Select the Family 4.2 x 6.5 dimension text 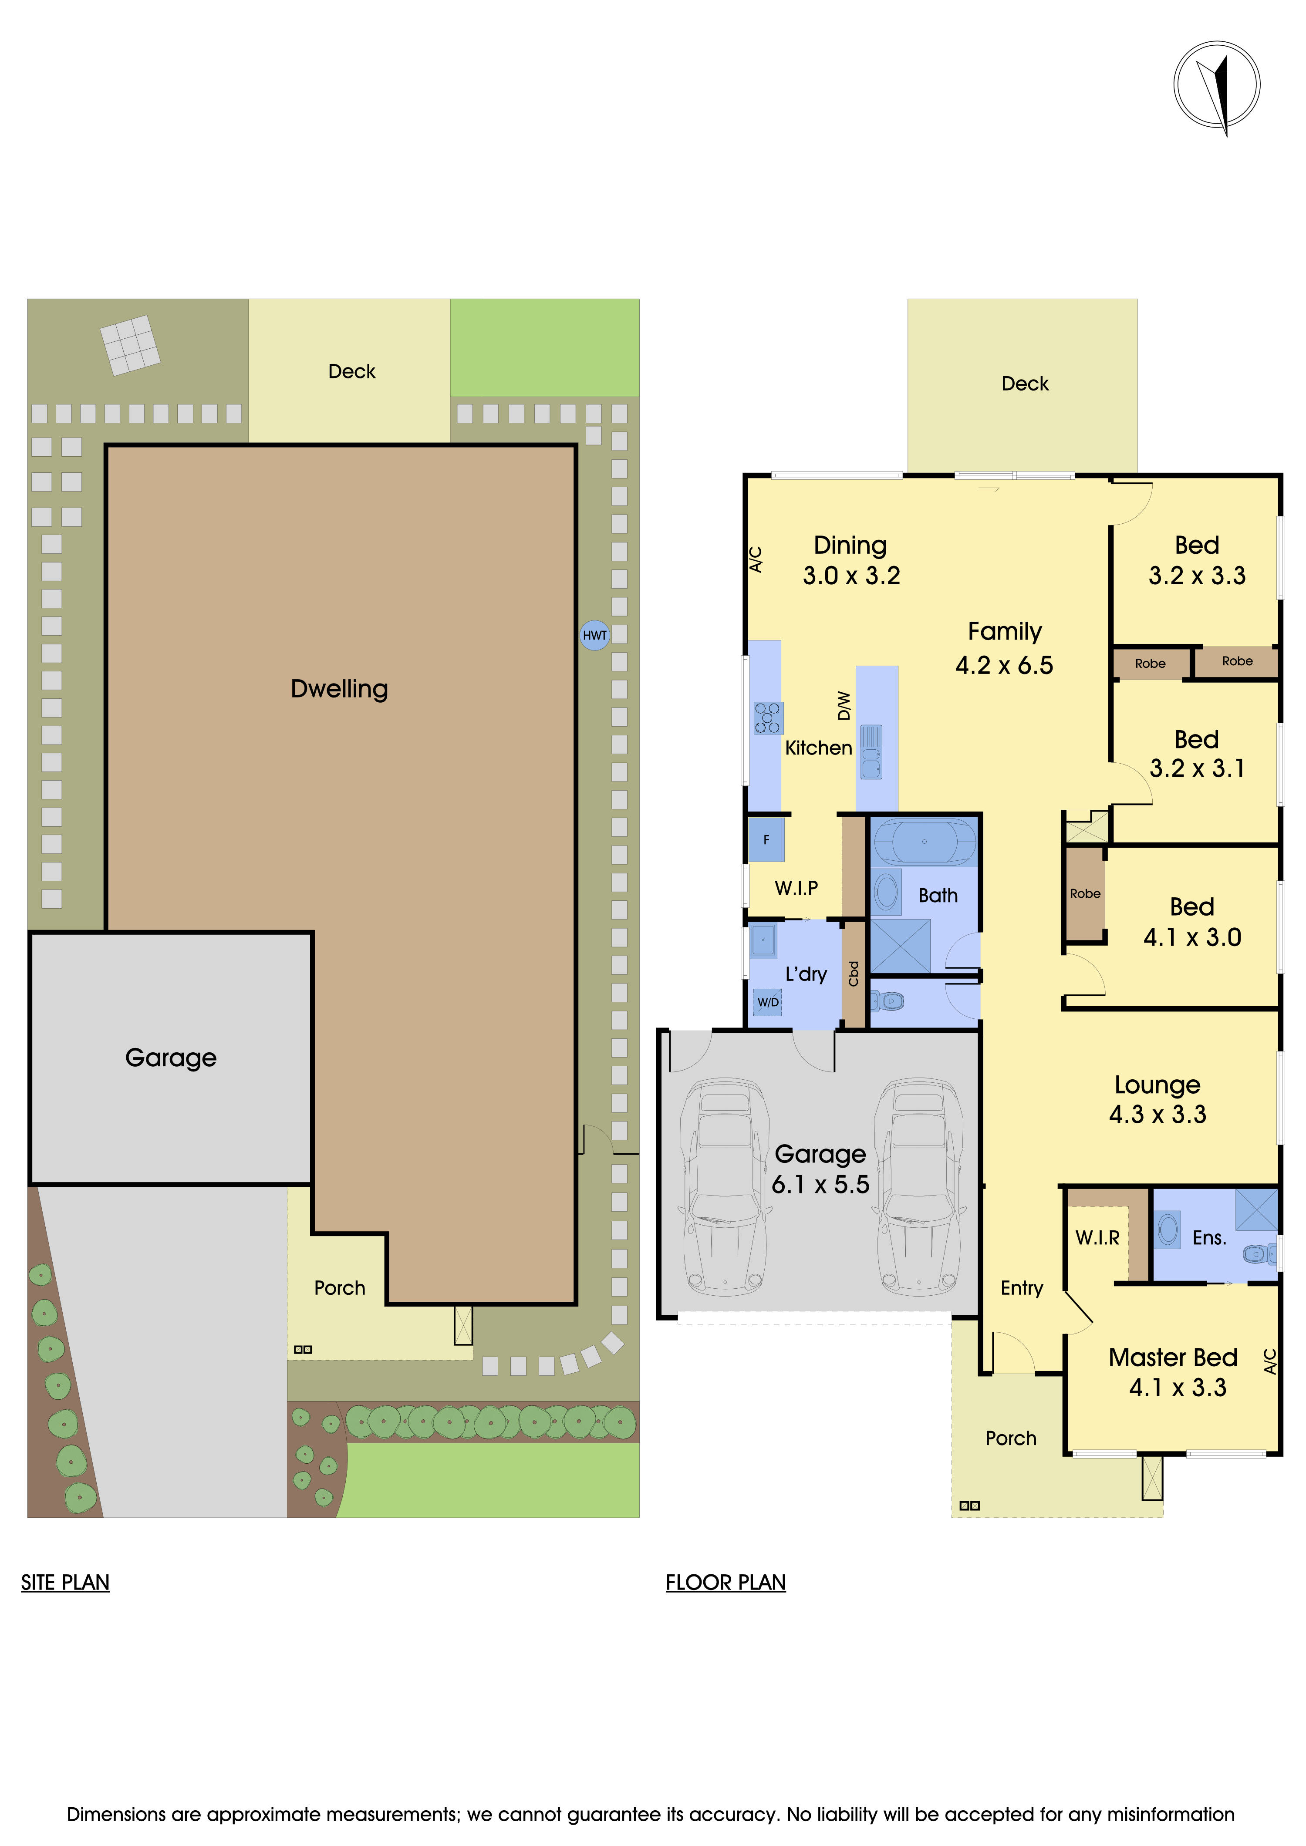[x=1004, y=665]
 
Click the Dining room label [x=850, y=545]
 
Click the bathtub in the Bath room [x=924, y=842]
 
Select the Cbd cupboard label [x=853, y=974]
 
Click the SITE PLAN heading [x=65, y=1582]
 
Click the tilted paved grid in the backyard [x=129, y=345]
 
